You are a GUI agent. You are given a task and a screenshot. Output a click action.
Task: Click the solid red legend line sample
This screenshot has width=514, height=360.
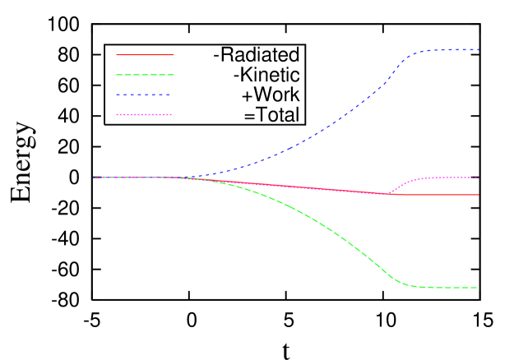coord(145,55)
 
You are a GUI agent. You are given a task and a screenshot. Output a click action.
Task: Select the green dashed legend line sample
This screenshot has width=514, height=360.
coord(145,75)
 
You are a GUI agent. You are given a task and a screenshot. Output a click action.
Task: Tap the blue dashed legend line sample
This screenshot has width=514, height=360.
coord(145,95)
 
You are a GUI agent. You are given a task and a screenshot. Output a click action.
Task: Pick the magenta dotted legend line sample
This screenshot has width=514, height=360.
coord(145,115)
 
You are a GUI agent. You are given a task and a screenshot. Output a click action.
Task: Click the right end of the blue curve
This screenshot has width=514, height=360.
coord(479,50)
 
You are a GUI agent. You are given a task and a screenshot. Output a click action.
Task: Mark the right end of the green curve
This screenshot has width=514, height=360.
coord(478,288)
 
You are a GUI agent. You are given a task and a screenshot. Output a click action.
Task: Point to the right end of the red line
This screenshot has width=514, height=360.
coord(478,195)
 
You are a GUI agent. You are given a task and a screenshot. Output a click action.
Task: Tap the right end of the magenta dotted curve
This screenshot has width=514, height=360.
coord(479,178)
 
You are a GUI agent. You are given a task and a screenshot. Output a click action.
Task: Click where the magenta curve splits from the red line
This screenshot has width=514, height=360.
coord(387,194)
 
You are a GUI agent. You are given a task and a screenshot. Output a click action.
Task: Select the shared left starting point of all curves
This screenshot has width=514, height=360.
coord(93,178)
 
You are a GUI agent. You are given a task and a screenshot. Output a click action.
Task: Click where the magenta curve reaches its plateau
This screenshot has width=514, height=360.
coord(428,178)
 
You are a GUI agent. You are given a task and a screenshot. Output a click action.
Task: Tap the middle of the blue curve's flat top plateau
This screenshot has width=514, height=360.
coord(448,50)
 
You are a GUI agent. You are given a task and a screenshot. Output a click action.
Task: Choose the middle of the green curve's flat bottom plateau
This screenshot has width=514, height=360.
coord(444,288)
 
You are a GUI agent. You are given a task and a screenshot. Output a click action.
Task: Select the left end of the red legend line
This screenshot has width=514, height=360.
coord(117,55)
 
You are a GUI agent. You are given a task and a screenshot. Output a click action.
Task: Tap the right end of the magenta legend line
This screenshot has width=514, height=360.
coord(173,115)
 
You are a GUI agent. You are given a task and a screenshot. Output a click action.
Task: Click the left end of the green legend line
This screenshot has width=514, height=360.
coord(117,75)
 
